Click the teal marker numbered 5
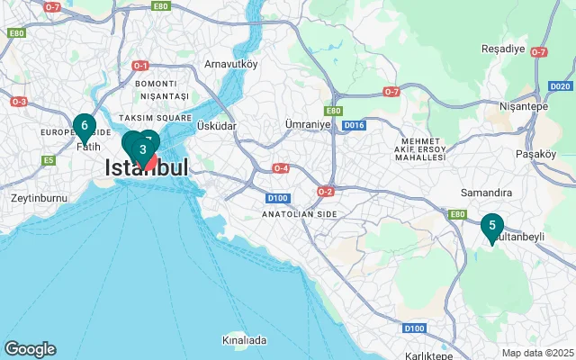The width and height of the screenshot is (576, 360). (x=491, y=227)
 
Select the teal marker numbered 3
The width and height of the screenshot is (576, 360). (x=142, y=149)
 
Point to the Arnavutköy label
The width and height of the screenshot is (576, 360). (x=230, y=64)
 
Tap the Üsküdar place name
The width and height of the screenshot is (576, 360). (x=216, y=126)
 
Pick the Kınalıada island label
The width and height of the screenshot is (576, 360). (x=244, y=340)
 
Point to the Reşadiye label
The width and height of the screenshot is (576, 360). (x=502, y=48)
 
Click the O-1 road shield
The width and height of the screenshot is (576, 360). (x=139, y=66)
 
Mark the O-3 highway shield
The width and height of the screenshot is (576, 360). (x=19, y=102)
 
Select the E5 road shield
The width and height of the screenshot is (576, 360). (x=49, y=160)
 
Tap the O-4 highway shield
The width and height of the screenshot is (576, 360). (x=282, y=168)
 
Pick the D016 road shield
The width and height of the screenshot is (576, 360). (x=354, y=125)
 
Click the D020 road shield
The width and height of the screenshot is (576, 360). (x=559, y=86)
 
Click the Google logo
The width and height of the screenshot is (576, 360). (x=30, y=349)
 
